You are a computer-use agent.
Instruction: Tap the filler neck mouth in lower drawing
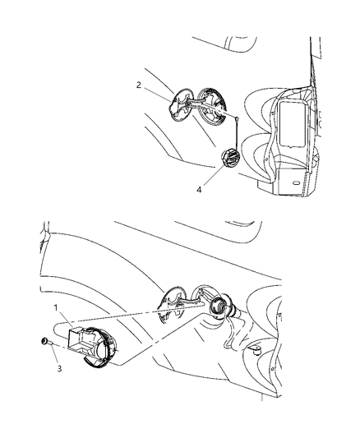[x=220, y=309]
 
